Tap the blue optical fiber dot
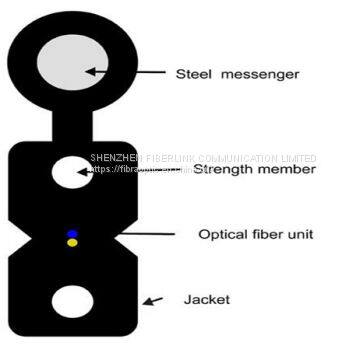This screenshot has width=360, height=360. click(72, 234)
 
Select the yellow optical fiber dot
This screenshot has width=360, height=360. click(72, 243)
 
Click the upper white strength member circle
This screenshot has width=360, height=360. click(73, 175)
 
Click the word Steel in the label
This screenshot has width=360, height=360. click(197, 73)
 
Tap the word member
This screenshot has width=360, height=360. click(288, 169)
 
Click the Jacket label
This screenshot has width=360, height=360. click(206, 299)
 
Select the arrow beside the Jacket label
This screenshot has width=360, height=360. click(153, 299)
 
